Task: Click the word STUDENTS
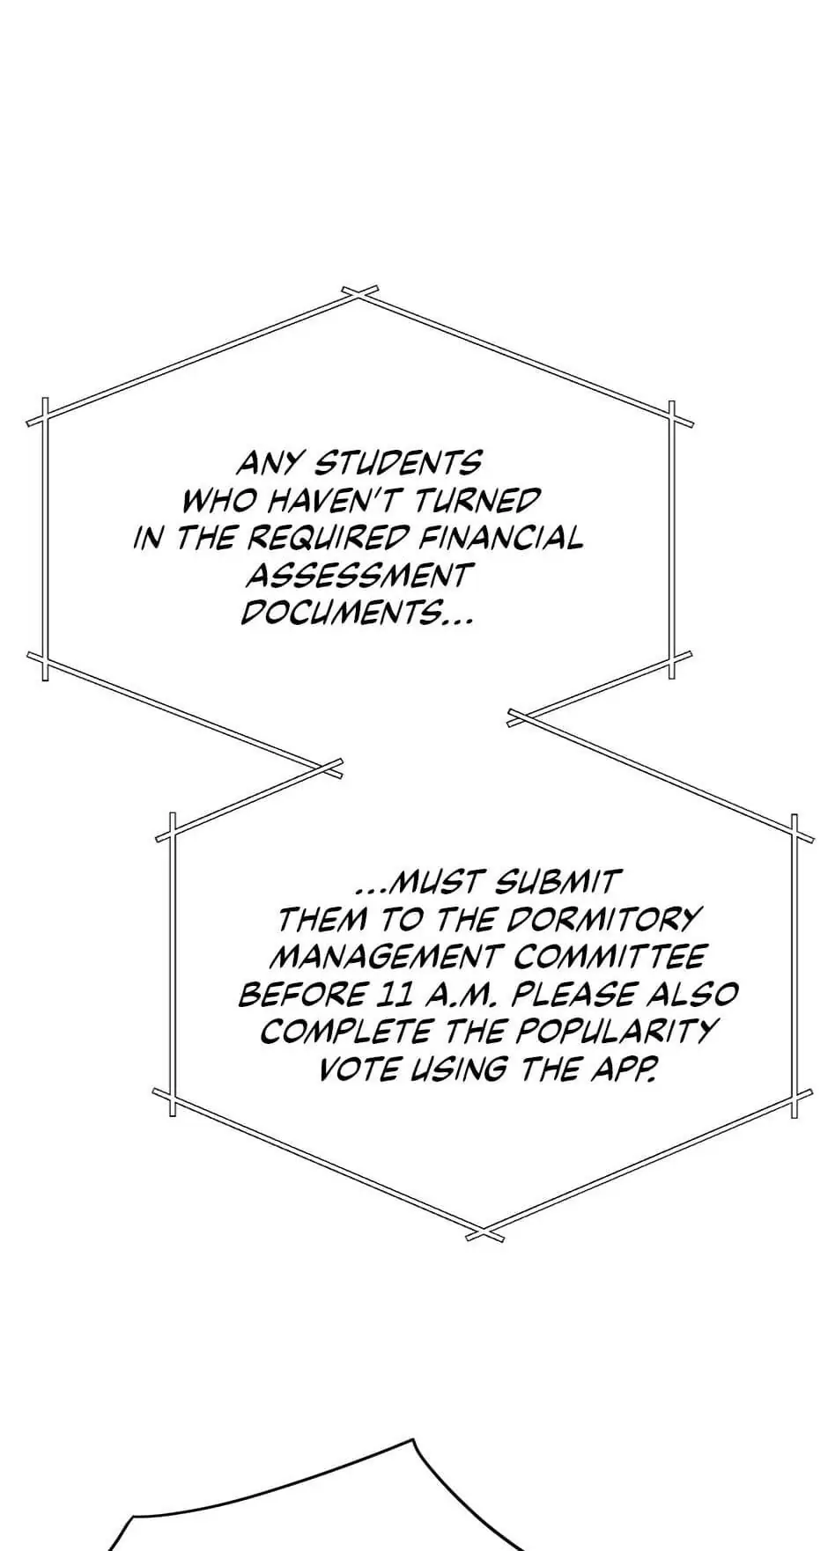398,462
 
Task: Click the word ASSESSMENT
358,576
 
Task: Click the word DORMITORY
603,919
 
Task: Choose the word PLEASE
573,995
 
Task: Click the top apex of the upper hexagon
359,293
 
